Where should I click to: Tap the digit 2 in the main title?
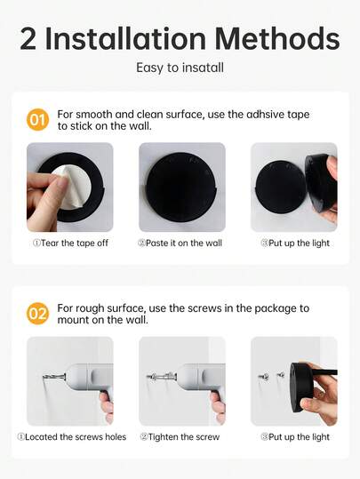[x=28, y=39]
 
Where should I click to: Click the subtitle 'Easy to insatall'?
[x=180, y=68]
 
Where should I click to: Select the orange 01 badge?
[x=38, y=119]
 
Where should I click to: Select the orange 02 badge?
[x=38, y=313]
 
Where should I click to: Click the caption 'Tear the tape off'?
[x=70, y=243]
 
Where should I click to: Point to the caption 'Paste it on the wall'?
[x=181, y=243]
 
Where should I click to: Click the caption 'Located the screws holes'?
[x=72, y=436]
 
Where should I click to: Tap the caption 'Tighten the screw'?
[x=180, y=436]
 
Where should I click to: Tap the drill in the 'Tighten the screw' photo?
[x=191, y=377]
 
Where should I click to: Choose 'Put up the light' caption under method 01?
[x=295, y=243]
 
